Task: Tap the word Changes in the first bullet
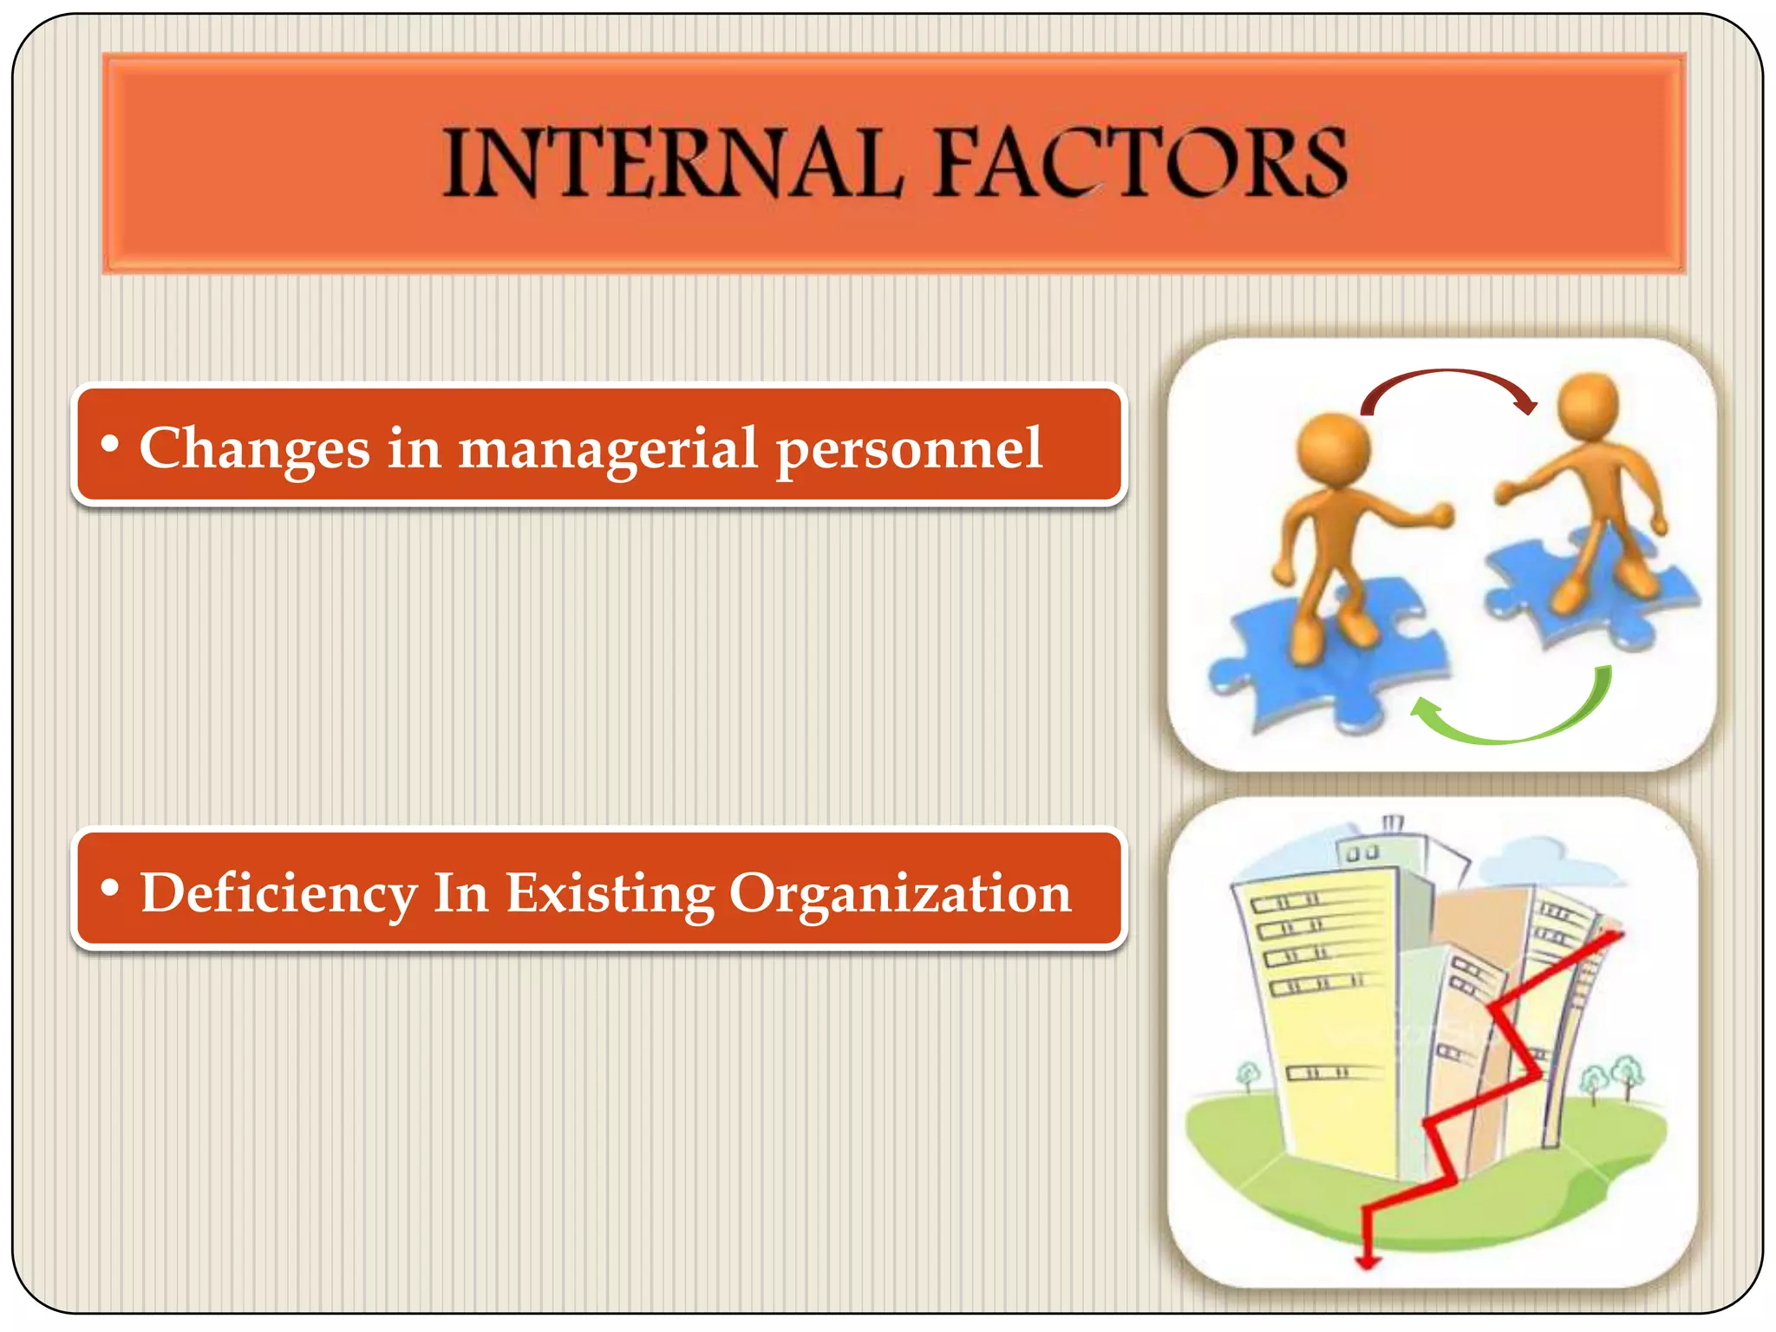[254, 448]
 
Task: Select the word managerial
[608, 450]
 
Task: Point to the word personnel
[908, 450]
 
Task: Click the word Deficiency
[278, 893]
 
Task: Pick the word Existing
[610, 893]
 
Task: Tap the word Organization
[900, 893]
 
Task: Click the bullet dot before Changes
[109, 443]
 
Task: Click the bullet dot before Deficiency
[109, 887]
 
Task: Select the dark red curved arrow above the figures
[1448, 382]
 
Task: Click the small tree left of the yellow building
[1248, 1075]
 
